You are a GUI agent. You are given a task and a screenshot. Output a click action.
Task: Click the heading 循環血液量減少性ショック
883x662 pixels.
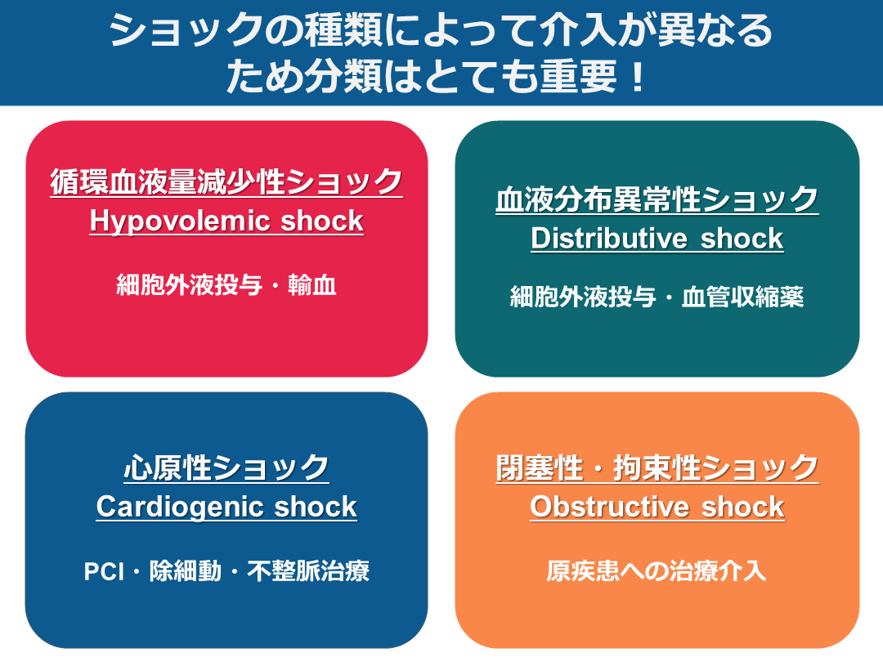[x=226, y=181]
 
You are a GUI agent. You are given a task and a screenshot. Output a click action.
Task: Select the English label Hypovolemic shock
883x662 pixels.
[x=226, y=221]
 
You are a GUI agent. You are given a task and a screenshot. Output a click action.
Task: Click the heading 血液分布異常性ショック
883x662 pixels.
[x=657, y=199]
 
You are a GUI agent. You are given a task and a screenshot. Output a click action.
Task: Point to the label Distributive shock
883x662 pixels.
[x=657, y=239]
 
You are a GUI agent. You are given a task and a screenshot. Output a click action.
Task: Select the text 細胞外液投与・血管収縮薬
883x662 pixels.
[x=657, y=297]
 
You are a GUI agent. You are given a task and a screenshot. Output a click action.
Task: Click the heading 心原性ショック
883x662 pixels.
[x=226, y=468]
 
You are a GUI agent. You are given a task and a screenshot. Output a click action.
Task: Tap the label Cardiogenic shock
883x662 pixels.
[x=226, y=507]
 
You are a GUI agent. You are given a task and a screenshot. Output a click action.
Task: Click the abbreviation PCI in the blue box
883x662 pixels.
[x=104, y=571]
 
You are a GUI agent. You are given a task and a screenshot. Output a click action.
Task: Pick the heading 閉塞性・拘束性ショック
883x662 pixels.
[x=657, y=468]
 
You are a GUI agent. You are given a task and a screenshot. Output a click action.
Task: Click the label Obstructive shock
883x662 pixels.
[x=657, y=507]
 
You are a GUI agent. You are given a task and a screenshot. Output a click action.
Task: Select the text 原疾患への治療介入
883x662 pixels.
[x=657, y=571]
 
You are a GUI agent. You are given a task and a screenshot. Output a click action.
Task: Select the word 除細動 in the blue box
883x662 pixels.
[x=186, y=571]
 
